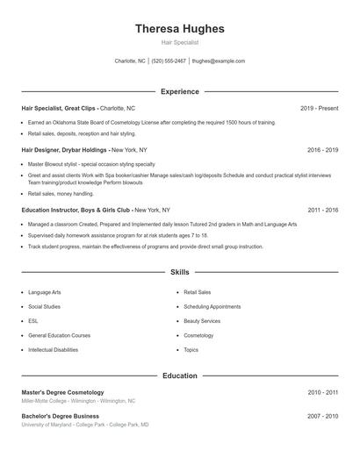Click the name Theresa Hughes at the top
pyautogui.click(x=179, y=28)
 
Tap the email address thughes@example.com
pyautogui.click(x=218, y=61)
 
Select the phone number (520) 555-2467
pyautogui.click(x=169, y=61)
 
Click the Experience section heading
pyautogui.click(x=179, y=91)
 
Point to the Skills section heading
pyautogui.click(x=179, y=273)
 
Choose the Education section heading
pyautogui.click(x=179, y=376)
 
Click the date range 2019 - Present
pyautogui.click(x=319, y=108)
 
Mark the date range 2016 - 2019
pyautogui.click(x=322, y=150)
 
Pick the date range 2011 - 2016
pyautogui.click(x=322, y=211)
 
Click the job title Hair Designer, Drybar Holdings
pyautogui.click(x=65, y=150)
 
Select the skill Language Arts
pyautogui.click(x=45, y=292)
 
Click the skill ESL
pyautogui.click(x=33, y=321)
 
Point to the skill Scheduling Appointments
pyautogui.click(x=212, y=307)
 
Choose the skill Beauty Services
pyautogui.click(x=202, y=321)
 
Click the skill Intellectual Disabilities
pyautogui.click(x=53, y=350)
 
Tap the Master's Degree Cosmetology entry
pyautogui.click(x=62, y=392)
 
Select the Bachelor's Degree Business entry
pyautogui.click(x=60, y=417)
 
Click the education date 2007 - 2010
pyautogui.click(x=322, y=417)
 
